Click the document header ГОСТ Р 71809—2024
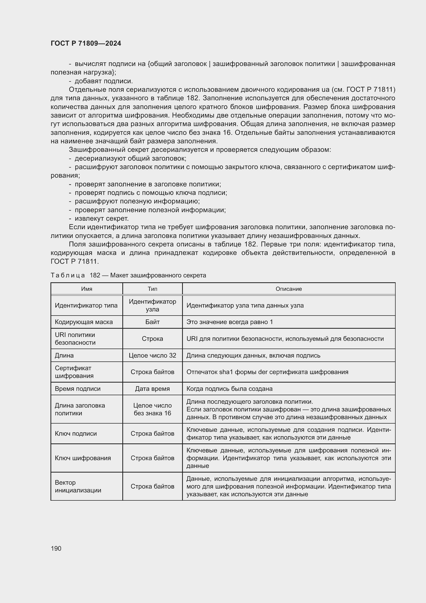pos(86,43)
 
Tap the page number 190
pos(56,548)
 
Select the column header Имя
pos(87,289)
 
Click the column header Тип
pos(152,289)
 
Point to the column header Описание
pos(288,289)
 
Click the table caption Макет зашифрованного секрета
pos(158,275)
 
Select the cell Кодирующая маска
pos(84,322)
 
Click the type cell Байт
pos(152,322)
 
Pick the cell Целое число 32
pos(152,355)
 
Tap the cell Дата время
pos(152,389)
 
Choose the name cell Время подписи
pos(78,389)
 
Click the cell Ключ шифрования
pos(83,458)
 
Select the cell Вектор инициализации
pos(78,486)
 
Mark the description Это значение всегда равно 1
pos(229,322)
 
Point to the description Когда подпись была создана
pos(229,389)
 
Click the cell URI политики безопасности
pos(75,338)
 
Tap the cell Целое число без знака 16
pos(152,409)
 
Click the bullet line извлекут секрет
pos(101,219)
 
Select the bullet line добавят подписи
pos(104,81)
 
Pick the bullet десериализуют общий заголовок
pos(130,158)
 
